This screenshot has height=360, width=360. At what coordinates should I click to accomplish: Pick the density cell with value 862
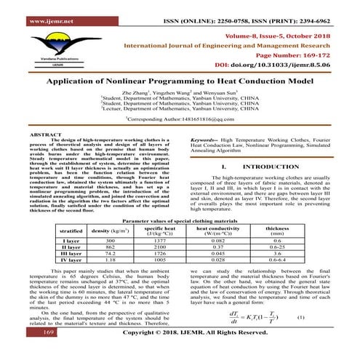(x=111, y=247)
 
